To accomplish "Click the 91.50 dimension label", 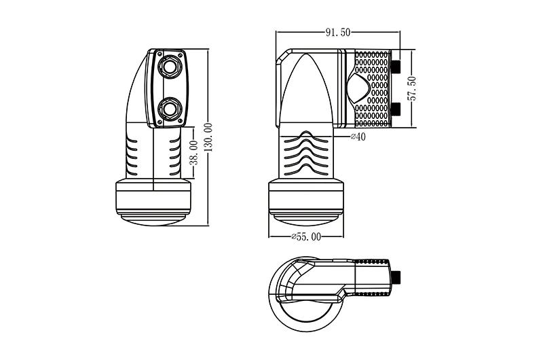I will (x=337, y=32).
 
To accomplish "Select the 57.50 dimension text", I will (x=411, y=88).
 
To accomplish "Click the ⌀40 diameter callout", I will (x=358, y=137).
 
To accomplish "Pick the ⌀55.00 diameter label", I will (x=306, y=237).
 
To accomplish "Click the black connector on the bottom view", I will (x=398, y=278).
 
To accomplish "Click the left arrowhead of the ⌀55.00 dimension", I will (x=271, y=237).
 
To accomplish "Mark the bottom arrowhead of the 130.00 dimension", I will (x=208, y=223).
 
